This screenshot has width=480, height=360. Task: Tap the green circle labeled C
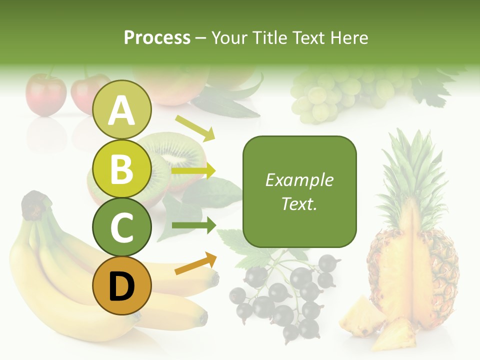click(122, 227)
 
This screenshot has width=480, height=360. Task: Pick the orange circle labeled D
click(122, 286)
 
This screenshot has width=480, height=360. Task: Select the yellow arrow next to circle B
click(193, 171)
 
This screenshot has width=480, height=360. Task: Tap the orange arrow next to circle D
click(195, 263)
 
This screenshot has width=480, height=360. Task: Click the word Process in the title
click(157, 38)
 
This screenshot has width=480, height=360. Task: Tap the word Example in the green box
click(299, 180)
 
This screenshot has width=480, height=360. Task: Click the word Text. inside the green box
click(299, 203)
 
